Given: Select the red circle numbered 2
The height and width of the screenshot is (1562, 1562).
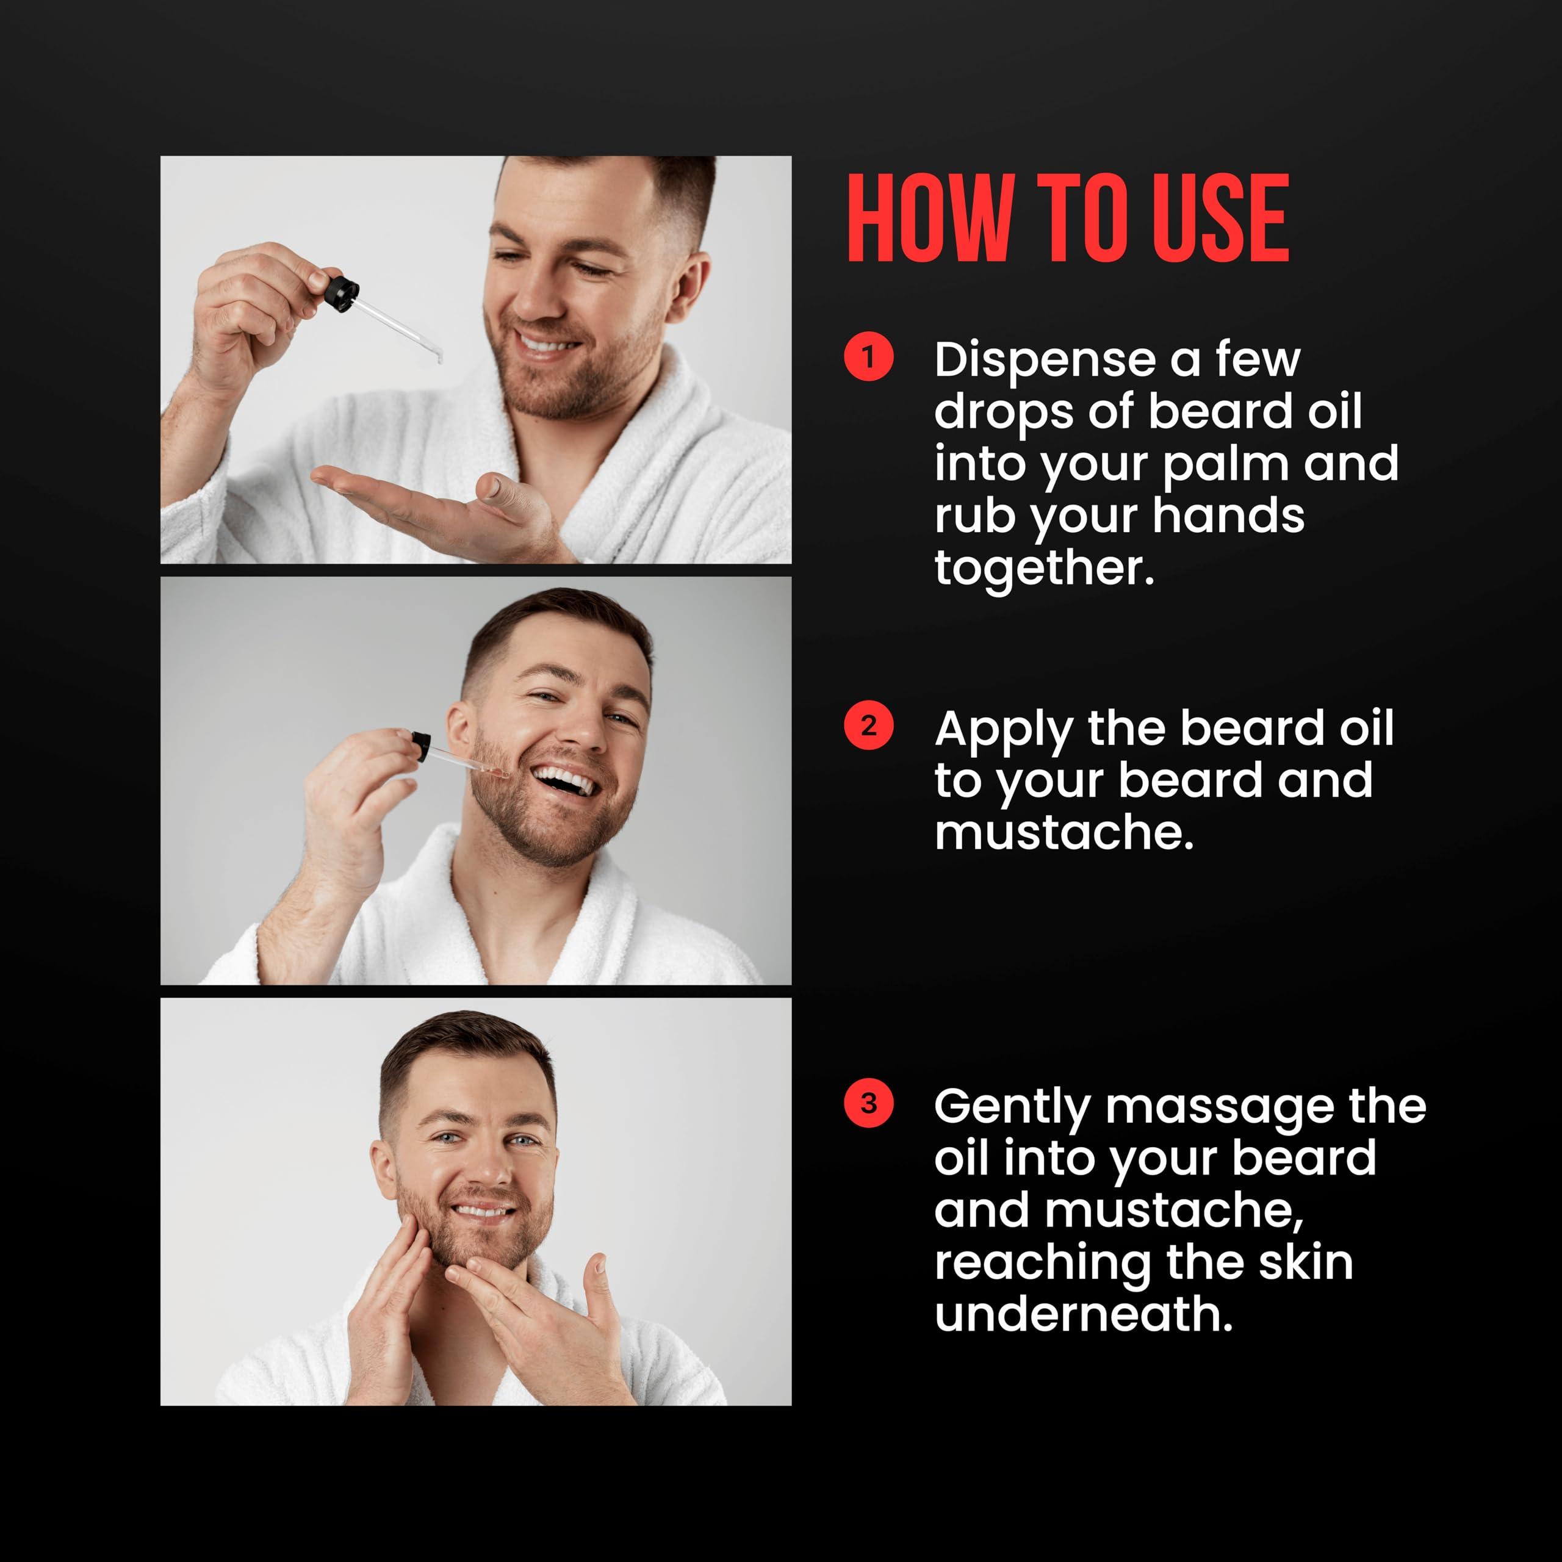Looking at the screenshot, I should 868,725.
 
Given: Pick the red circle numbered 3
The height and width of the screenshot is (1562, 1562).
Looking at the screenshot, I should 868,1103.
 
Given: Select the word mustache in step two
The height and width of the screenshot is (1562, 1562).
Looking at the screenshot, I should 1062,833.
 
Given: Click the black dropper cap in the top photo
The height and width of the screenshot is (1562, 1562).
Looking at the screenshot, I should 342,293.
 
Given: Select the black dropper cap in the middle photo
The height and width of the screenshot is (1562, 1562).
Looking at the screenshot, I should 421,744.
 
